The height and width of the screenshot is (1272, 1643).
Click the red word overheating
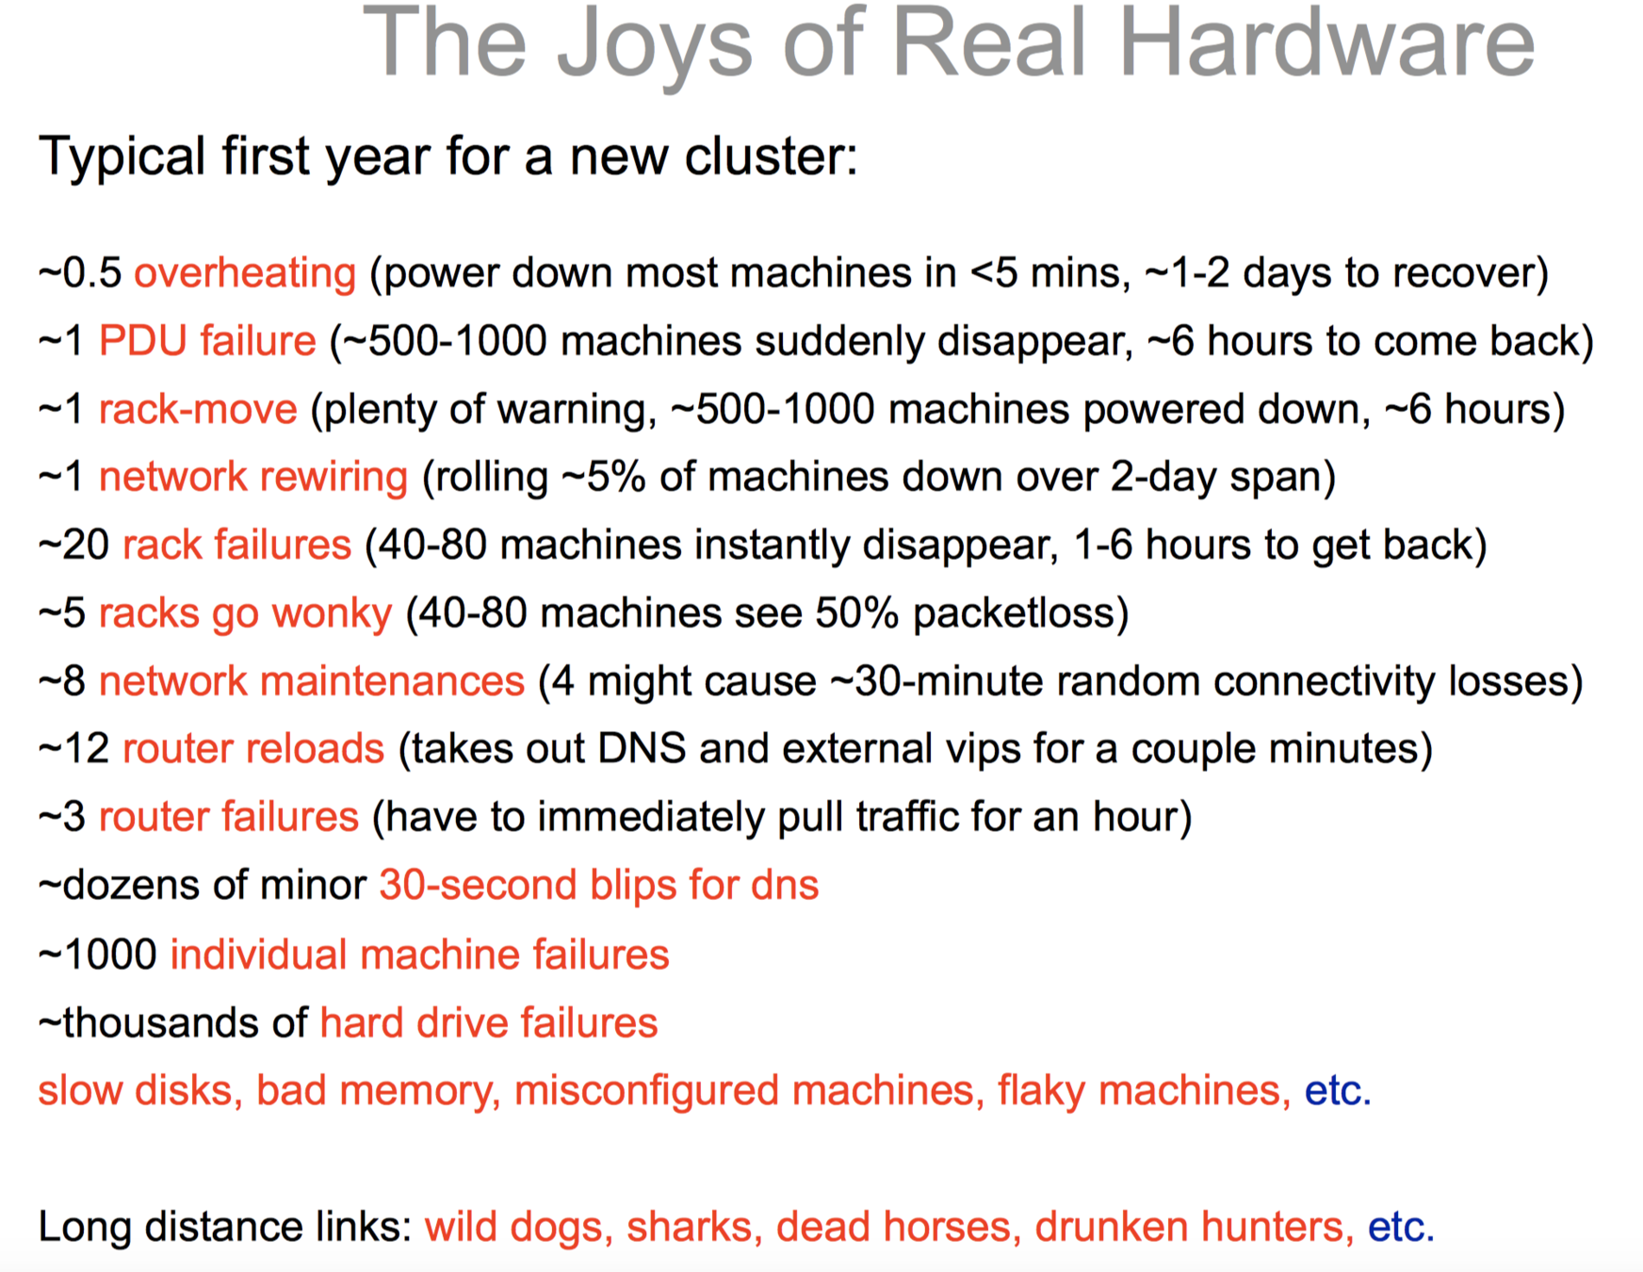pyautogui.click(x=245, y=274)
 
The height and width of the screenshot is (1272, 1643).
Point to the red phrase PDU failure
pyautogui.click(x=207, y=340)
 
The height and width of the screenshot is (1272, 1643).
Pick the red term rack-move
pyautogui.click(x=198, y=410)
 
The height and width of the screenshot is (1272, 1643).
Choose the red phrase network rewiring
pyautogui.click(x=253, y=478)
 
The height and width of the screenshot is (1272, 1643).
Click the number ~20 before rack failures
pyautogui.click(x=74, y=546)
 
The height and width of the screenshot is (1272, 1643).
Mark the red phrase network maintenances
pyautogui.click(x=312, y=681)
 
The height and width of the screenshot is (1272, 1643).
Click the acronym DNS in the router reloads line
pyautogui.click(x=643, y=749)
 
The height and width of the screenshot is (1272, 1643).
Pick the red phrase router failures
pyautogui.click(x=229, y=817)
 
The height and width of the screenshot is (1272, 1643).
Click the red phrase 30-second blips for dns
pyautogui.click(x=599, y=886)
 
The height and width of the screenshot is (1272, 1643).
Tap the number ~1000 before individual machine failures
pyautogui.click(x=98, y=954)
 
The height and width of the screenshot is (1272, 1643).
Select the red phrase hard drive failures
pyautogui.click(x=489, y=1023)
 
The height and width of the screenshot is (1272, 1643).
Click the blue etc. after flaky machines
pyautogui.click(x=1338, y=1091)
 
